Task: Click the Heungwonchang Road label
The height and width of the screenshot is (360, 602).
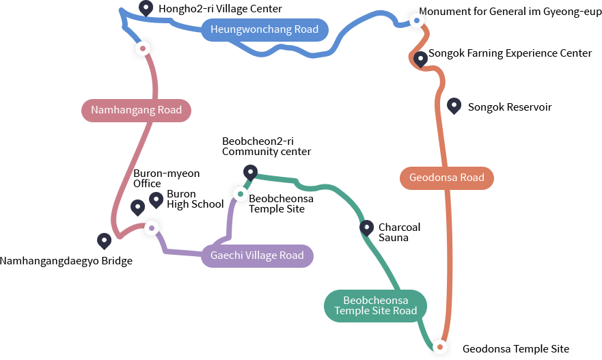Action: coord(264,29)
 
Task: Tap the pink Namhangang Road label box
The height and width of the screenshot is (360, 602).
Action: coord(137,110)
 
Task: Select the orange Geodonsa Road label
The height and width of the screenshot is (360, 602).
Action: coord(446,178)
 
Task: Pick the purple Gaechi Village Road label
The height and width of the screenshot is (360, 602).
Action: coord(257,255)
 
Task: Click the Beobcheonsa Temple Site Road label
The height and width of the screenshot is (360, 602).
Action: coord(375,305)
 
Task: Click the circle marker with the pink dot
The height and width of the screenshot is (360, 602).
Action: coord(143,49)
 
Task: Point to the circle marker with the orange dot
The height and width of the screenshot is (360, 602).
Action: coord(441,348)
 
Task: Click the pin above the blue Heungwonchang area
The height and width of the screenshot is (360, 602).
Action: coord(146,8)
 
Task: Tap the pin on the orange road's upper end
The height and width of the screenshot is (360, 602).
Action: coord(420,59)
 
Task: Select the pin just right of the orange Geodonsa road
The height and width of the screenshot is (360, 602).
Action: coord(454,106)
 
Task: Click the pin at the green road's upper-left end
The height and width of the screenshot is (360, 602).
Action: coord(250,172)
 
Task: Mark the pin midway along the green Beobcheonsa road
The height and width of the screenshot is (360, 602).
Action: coord(367,228)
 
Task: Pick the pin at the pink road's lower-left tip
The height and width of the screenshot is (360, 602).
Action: coord(104,240)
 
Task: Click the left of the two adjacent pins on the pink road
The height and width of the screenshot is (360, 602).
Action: coord(137,207)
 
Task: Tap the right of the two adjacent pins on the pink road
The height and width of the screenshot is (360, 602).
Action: coord(156,200)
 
